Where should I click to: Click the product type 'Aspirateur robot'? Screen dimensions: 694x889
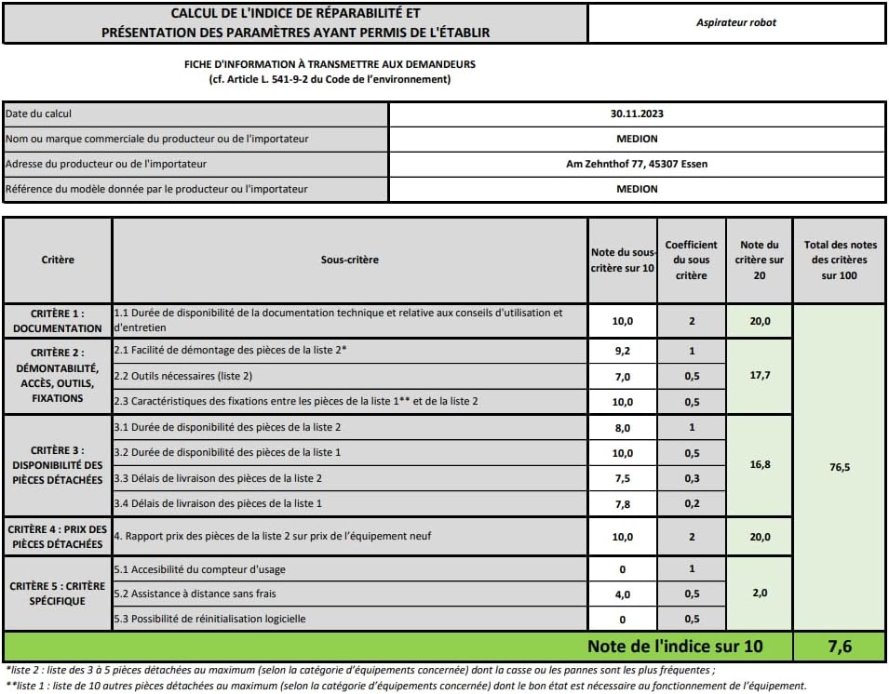pos(735,22)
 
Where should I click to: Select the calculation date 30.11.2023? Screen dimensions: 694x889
pos(637,114)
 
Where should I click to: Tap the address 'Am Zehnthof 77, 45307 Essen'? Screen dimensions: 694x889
pos(637,165)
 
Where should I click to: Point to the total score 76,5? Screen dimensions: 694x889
pos(840,467)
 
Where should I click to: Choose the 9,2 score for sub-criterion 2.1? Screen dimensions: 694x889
pos(622,352)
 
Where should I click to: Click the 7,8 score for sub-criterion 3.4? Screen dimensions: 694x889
pos(622,504)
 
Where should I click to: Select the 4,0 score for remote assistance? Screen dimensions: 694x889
pos(622,594)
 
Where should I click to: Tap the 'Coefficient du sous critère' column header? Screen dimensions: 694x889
pos(691,260)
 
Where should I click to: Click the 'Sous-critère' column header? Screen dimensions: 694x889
pos(349,260)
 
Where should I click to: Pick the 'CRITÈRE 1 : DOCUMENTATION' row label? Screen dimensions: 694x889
pos(58,321)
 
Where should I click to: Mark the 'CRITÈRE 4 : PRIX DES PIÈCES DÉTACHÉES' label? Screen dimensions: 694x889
pos(58,536)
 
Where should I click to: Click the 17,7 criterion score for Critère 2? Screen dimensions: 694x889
pos(760,376)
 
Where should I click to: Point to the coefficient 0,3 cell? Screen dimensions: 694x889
pos(691,478)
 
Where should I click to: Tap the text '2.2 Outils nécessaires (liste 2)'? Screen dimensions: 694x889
pos(182,377)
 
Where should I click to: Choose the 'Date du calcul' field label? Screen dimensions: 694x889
pos(39,114)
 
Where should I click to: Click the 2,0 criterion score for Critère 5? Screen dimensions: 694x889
pos(760,594)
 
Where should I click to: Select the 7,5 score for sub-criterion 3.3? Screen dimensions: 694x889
pos(622,478)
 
